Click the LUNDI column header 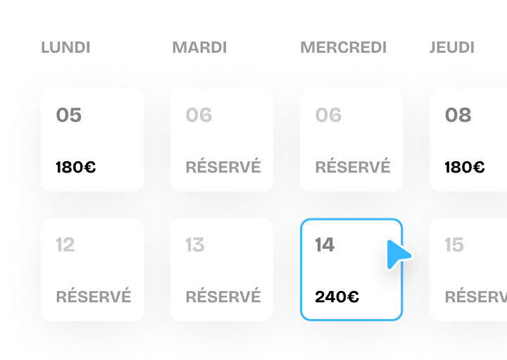point(65,47)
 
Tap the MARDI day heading point(199,47)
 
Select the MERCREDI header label point(344,47)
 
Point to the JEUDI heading point(452,47)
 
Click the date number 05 point(68,115)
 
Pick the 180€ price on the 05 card point(75,167)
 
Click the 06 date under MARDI point(199,115)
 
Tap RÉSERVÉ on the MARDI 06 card point(223,166)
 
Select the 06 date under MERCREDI point(329,115)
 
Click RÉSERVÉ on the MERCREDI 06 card point(353,166)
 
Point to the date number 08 point(458,115)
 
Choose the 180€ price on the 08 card point(465,167)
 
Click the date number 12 point(65,244)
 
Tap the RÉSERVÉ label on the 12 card point(94,296)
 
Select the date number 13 point(195,244)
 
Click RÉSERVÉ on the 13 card point(223,296)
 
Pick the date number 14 point(325,244)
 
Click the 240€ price point(337,297)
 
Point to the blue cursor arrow point(398,254)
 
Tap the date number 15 point(454,244)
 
